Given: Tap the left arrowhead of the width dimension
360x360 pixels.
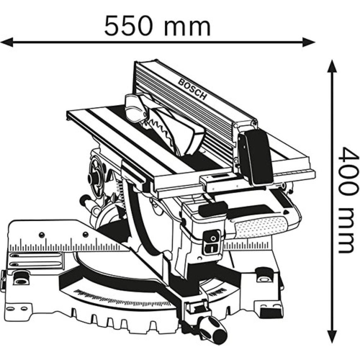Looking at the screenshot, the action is (x=7, y=42).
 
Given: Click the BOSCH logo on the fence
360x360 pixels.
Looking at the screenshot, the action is (x=192, y=89).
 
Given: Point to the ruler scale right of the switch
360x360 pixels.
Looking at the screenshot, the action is (x=247, y=245).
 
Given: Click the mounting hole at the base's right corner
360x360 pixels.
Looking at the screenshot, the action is (x=264, y=279).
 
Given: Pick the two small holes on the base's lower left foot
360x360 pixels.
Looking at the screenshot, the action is (x=16, y=308).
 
